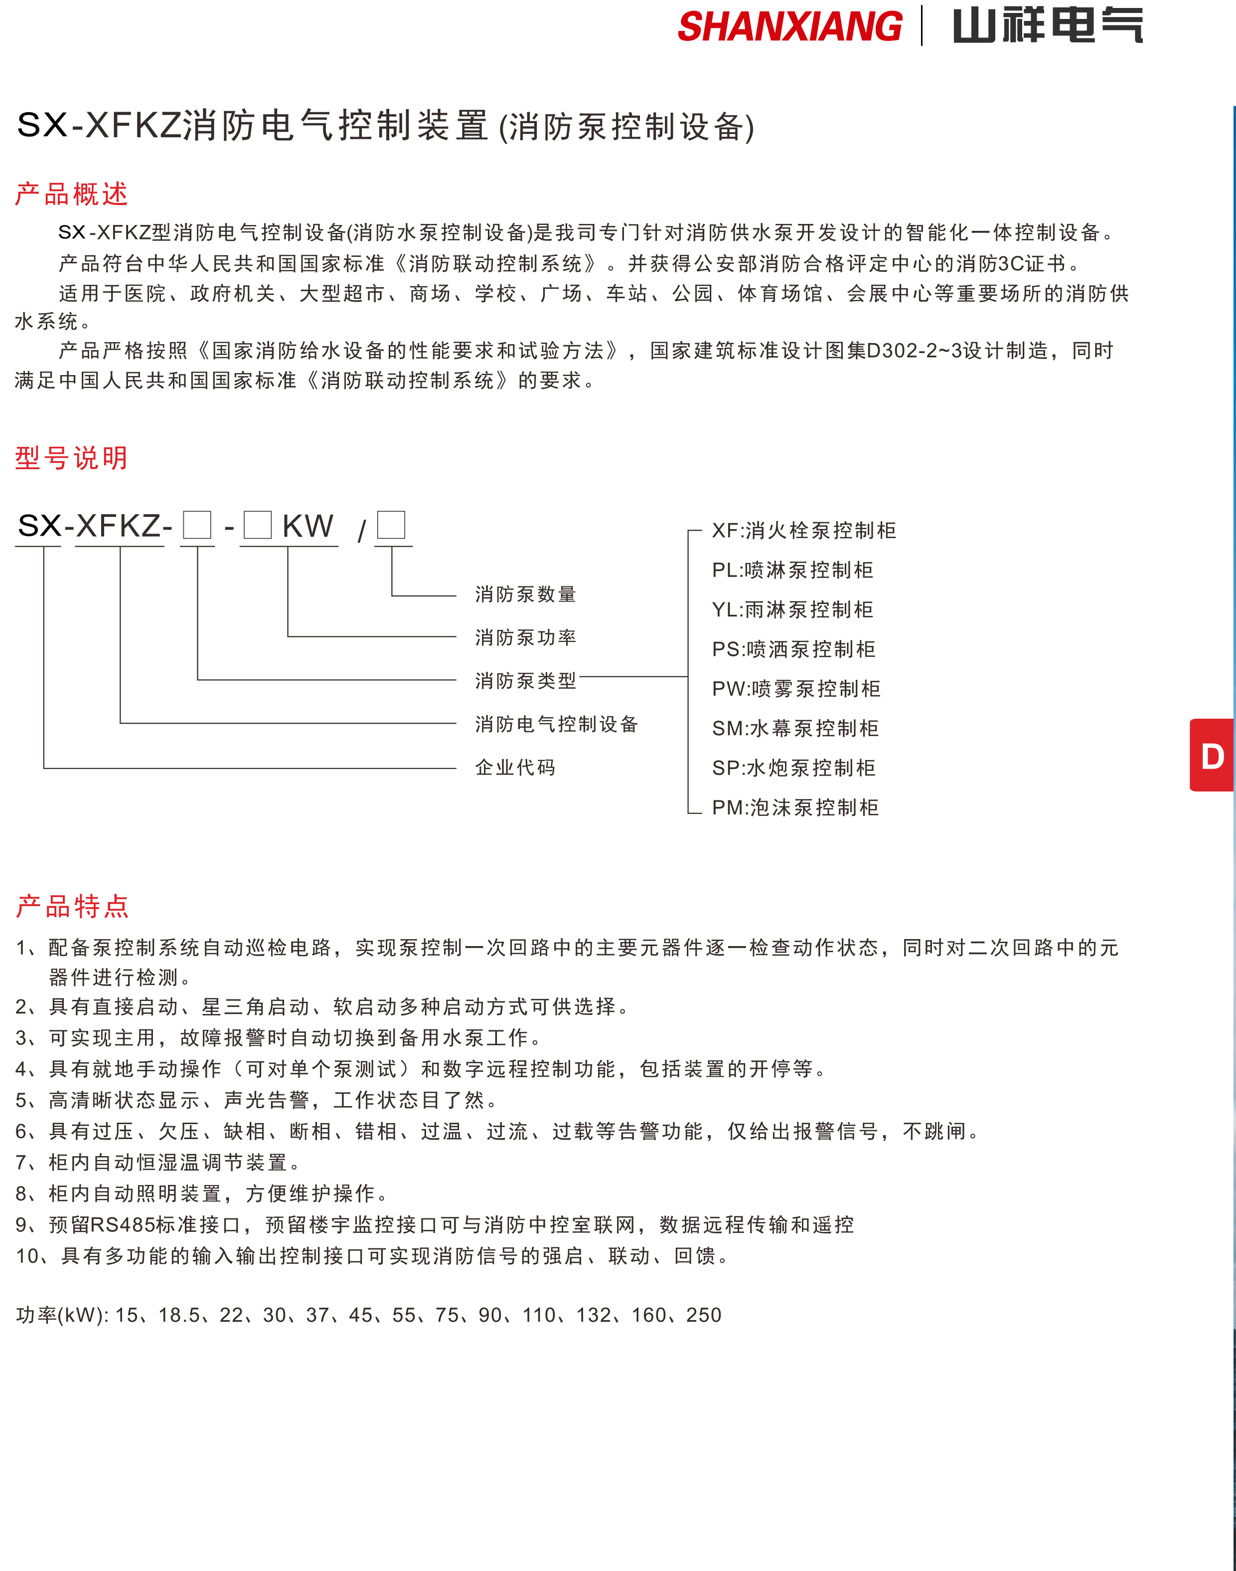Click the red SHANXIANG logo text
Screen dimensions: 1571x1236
point(789,27)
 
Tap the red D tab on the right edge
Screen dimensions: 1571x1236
point(1212,756)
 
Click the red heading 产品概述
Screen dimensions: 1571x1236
point(72,194)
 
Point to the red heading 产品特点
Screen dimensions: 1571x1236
point(72,906)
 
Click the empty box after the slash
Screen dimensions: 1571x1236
point(391,525)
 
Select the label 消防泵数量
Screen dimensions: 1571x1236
point(525,594)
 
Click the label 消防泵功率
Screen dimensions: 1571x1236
point(525,637)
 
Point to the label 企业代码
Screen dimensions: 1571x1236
point(515,768)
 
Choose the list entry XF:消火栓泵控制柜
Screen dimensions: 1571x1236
point(804,531)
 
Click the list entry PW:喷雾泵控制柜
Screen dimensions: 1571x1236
point(796,688)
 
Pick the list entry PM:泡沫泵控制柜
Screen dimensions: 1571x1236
point(795,807)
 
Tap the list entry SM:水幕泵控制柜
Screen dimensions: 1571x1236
point(795,728)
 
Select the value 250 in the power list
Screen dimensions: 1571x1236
point(703,1315)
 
